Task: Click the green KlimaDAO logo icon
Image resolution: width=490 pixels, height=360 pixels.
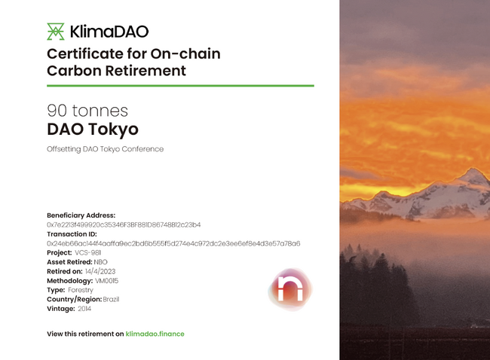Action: (56, 32)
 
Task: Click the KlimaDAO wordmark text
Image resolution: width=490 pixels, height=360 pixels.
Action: (109, 32)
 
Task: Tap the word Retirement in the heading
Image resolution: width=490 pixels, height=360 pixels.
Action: (145, 71)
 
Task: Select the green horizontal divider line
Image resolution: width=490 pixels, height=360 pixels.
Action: (180, 86)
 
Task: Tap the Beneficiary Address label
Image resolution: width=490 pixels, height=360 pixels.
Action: (81, 215)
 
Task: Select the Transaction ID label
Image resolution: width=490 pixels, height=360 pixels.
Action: (72, 234)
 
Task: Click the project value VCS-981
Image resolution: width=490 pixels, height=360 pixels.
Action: (87, 252)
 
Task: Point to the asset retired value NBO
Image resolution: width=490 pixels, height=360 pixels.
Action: (100, 262)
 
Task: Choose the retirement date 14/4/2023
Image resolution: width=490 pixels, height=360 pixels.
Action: (100, 271)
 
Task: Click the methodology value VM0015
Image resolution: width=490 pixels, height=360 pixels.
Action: (107, 281)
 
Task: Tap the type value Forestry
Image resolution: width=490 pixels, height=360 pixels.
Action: (81, 290)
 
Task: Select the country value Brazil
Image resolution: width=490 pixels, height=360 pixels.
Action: (111, 300)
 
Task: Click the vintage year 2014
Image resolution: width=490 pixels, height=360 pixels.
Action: (84, 309)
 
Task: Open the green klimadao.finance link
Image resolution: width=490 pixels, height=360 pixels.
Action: (155, 334)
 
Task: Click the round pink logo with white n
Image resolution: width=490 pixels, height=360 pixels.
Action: (290, 289)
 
